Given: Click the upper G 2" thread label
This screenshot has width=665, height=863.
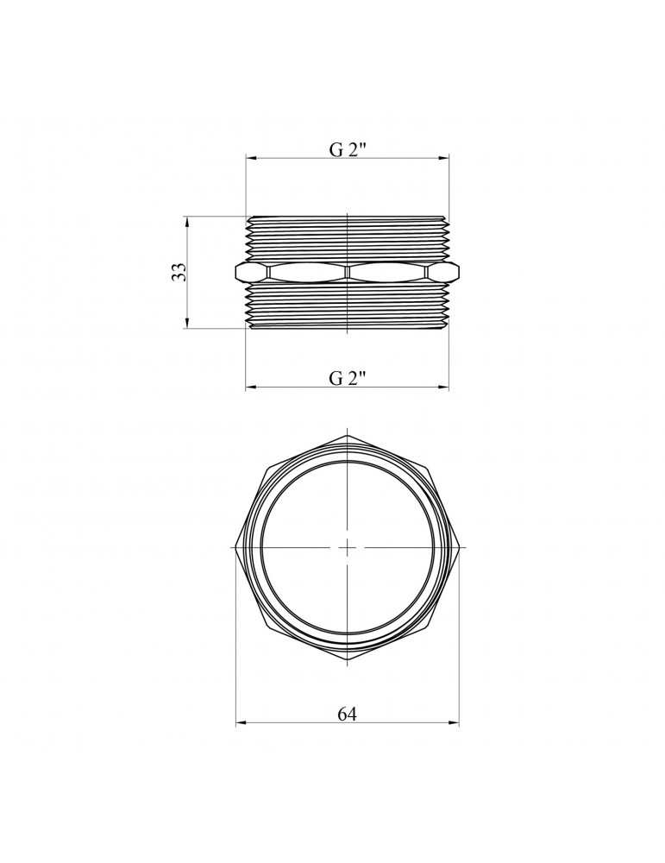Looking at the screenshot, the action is (348, 149).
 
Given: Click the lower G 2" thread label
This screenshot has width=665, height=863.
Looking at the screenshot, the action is (348, 378).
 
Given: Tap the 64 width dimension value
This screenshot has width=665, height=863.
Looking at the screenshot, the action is (347, 714).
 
